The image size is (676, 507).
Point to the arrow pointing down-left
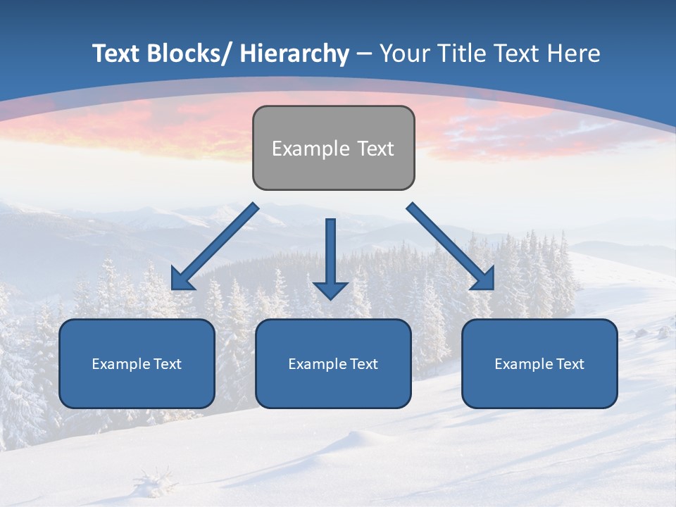(215, 246)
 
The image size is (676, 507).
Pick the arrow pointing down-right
(451, 246)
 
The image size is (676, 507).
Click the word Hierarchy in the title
(295, 54)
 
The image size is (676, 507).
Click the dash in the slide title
(364, 54)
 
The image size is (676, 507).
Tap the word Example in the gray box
(311, 149)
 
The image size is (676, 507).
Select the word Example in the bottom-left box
(121, 364)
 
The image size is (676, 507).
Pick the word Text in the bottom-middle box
(363, 364)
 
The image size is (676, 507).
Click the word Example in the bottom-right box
(524, 364)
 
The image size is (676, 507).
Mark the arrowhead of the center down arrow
(330, 290)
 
